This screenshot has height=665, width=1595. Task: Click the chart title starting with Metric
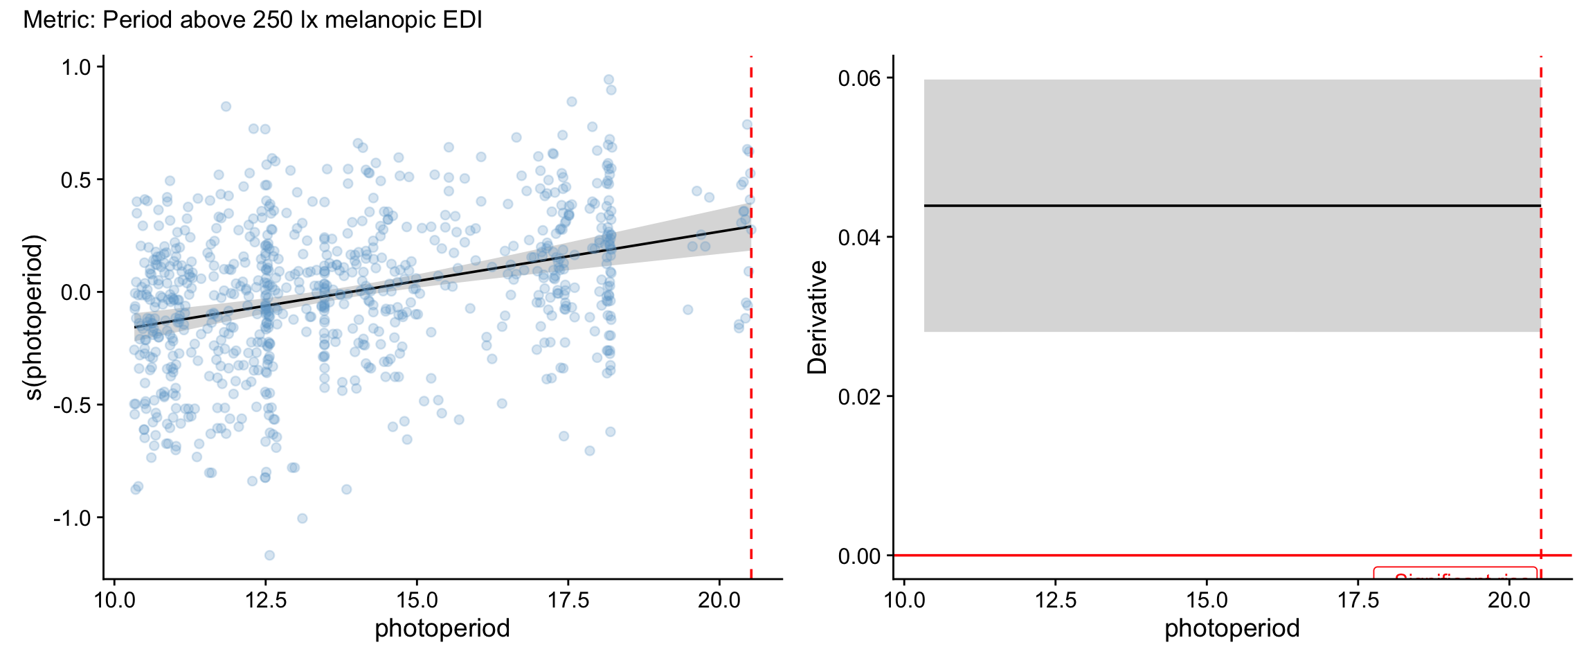[x=253, y=20]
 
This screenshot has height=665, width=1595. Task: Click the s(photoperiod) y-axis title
[x=33, y=317]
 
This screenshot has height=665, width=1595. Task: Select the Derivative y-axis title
[x=818, y=317]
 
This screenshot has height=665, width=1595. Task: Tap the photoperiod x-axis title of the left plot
[x=442, y=628]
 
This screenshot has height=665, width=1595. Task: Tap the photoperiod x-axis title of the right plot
[x=1232, y=628]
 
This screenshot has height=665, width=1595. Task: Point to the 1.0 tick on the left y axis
[x=76, y=67]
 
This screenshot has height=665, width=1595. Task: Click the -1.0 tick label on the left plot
[x=73, y=518]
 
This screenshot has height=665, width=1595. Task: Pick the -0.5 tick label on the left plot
[x=73, y=405]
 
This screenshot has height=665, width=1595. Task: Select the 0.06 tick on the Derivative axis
[x=859, y=78]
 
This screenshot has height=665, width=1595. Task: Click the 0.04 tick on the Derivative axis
[x=859, y=238]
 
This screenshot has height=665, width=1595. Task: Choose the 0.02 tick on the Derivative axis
[x=859, y=397]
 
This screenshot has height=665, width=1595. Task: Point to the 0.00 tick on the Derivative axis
[x=859, y=556]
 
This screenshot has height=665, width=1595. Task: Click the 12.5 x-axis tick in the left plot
[x=266, y=600]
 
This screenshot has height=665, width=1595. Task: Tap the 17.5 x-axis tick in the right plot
[x=1358, y=600]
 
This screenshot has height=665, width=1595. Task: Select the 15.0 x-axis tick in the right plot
[x=1207, y=600]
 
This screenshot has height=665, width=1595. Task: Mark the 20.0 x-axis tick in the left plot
[x=719, y=600]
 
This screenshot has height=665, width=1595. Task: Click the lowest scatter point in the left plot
[x=269, y=555]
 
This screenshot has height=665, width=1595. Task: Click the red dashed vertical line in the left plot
[x=751, y=416]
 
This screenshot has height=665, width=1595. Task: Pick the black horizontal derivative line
[x=1232, y=206]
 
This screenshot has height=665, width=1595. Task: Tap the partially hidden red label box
[x=1455, y=574]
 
